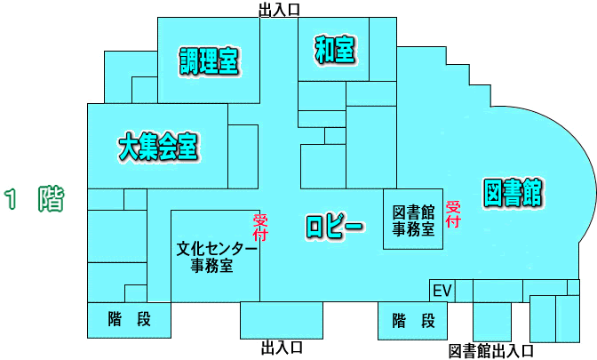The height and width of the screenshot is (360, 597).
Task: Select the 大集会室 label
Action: pos(158,146)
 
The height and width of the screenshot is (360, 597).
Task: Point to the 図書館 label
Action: pos(513,191)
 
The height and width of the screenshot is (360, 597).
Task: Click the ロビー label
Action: pos(335,226)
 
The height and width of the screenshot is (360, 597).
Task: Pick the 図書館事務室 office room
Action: pos(413,220)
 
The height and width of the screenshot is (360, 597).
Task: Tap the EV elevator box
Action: pos(442,291)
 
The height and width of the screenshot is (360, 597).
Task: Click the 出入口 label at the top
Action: pos(279,10)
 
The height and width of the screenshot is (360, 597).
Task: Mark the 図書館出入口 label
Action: pos(491,350)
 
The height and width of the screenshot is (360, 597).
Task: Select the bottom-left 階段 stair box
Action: pos(129,320)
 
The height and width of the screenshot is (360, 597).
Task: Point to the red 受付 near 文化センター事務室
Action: pos(260,228)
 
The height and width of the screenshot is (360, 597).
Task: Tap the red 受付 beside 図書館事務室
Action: pos(452,213)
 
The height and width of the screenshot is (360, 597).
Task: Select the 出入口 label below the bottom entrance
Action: pos(282,347)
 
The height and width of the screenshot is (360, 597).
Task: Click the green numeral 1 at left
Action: pos(12,199)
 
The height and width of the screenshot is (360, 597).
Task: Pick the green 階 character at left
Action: pos(50,199)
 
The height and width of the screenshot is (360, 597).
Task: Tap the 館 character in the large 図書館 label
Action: pos(533,191)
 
